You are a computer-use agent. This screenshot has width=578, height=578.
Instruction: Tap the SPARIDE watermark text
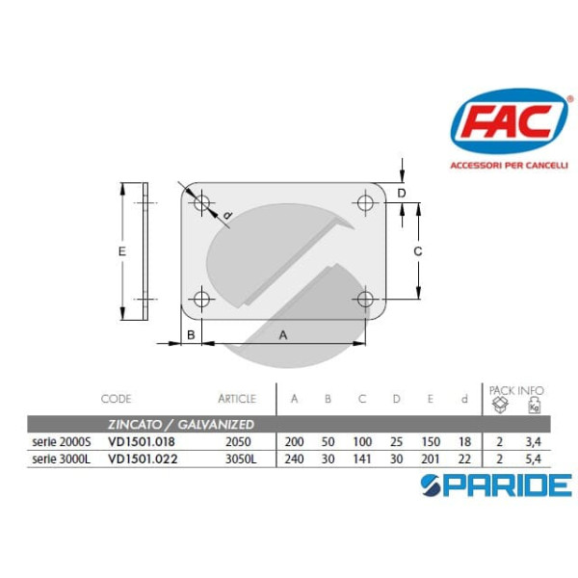click(x=512, y=485)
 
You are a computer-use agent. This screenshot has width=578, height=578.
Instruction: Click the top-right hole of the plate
click(x=365, y=203)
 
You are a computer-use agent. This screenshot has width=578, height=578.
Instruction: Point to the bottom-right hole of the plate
click(x=364, y=300)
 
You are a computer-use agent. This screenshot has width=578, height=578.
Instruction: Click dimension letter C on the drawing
click(x=418, y=251)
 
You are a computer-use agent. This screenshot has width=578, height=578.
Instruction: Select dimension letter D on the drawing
click(x=403, y=193)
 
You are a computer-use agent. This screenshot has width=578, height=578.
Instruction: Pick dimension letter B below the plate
click(x=192, y=334)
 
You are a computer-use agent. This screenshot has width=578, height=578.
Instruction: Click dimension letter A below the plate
click(x=283, y=334)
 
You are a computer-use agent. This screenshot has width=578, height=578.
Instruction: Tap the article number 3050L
click(x=238, y=459)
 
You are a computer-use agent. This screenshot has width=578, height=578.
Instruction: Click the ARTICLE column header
click(x=237, y=398)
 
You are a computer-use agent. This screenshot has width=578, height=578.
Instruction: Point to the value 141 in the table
click(x=362, y=459)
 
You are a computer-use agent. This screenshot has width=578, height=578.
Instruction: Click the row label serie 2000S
click(x=58, y=441)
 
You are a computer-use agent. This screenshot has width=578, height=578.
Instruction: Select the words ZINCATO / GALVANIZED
click(x=180, y=424)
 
